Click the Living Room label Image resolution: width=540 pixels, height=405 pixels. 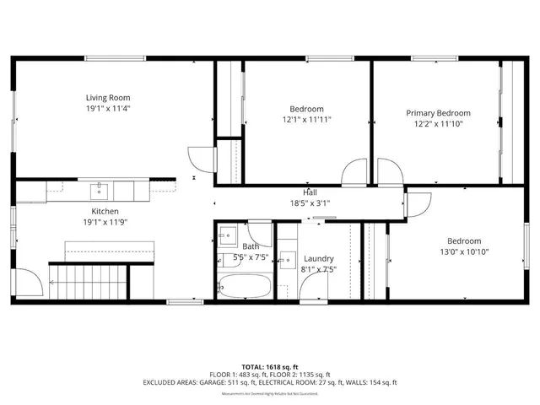tap(107, 97)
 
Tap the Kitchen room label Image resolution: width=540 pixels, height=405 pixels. tap(105, 211)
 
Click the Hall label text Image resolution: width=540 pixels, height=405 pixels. tap(310, 193)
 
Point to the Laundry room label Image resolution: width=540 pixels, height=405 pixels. tap(318, 259)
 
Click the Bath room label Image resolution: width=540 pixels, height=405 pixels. tap(228, 246)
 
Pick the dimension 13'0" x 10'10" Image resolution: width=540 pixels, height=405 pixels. tap(464, 251)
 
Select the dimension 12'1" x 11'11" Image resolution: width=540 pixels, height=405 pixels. tap(306, 120)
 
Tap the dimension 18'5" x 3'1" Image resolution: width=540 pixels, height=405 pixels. tap(310, 203)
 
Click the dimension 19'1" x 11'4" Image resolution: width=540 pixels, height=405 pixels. tap(107, 108)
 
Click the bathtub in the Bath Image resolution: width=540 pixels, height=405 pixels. tap(245, 287)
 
